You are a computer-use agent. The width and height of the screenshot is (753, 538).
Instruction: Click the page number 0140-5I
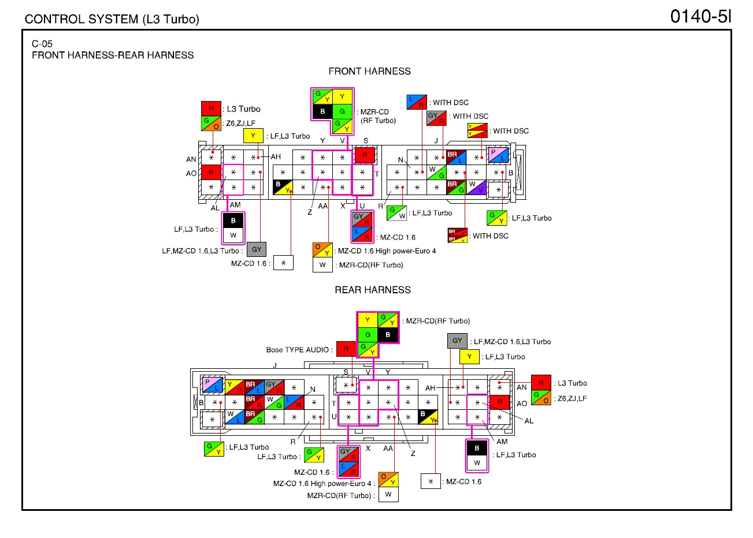coord(701,16)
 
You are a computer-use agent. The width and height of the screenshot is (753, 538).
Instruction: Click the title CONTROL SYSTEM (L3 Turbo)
coord(112,19)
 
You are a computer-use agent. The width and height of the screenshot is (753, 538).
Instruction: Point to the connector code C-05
coord(42,44)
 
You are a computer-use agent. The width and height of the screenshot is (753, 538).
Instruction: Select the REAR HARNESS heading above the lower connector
coord(373,290)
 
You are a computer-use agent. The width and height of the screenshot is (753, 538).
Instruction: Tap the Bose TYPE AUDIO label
coord(297,350)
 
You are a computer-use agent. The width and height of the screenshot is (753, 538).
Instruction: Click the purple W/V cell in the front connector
coord(476,188)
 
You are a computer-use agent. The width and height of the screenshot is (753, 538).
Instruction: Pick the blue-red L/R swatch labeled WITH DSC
coord(417,102)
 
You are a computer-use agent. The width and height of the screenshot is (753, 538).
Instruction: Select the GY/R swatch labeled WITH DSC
coord(436,118)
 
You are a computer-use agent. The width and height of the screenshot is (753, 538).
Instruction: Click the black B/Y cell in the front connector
coord(283,188)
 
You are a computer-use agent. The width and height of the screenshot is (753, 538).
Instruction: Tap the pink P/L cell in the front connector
coord(498,155)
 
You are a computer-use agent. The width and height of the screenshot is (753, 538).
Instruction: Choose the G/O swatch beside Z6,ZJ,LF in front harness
coord(211,124)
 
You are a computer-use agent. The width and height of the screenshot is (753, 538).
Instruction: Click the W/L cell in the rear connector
coord(235,417)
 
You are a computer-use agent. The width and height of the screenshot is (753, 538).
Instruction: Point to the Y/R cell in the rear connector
coord(235,387)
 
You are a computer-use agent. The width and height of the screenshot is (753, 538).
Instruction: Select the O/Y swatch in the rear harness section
coord(388,479)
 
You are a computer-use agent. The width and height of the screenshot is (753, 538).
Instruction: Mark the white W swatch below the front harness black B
coord(233,235)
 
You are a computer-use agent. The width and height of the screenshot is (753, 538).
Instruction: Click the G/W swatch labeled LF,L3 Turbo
coord(396,213)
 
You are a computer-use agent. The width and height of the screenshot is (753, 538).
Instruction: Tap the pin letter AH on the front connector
coord(276,156)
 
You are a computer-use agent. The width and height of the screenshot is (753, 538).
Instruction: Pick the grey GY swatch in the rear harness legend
coord(457,341)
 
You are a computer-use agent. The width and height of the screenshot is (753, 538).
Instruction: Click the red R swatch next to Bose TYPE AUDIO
coord(346,349)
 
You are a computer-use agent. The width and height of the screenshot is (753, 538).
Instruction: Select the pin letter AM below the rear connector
coord(502,442)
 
